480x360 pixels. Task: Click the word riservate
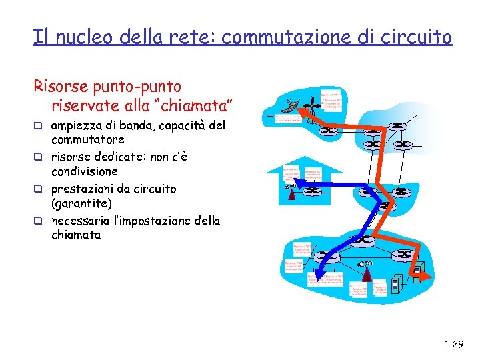[83, 105]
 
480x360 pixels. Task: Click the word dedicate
[124, 157]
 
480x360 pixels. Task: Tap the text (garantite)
[81, 203]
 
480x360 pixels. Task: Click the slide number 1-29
[453, 344]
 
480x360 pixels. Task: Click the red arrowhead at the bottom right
[421, 272]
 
